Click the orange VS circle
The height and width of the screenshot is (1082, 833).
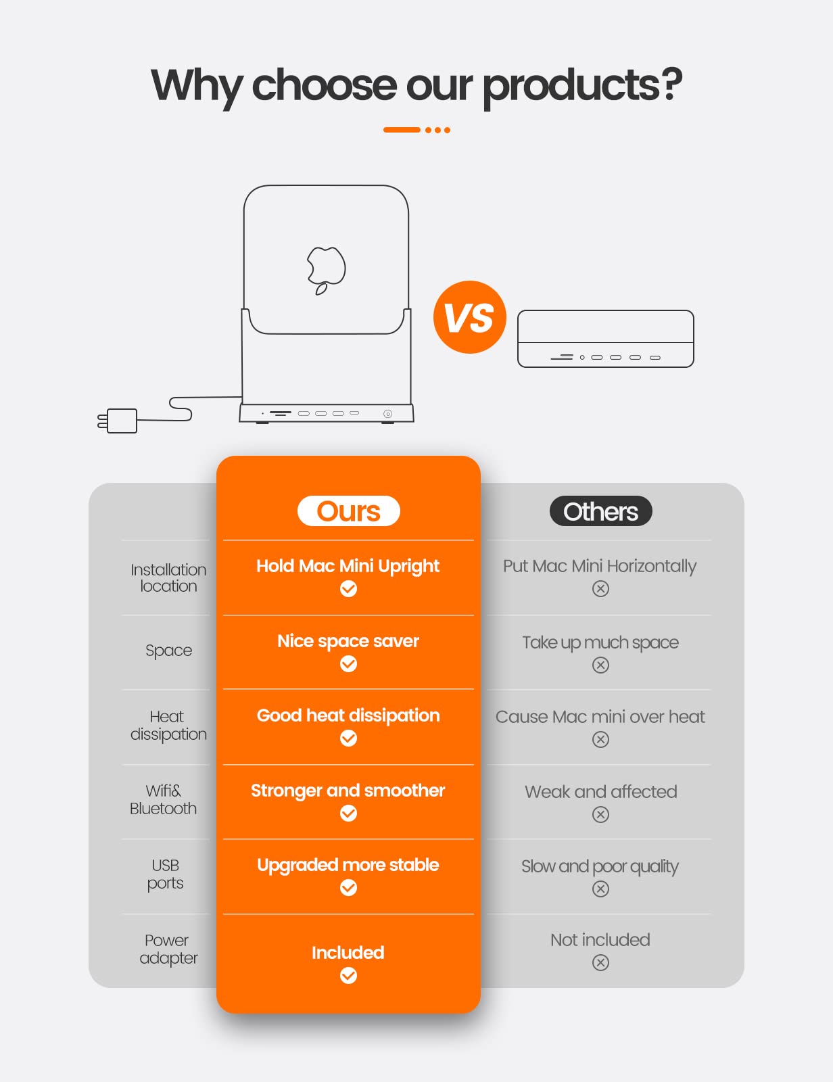click(x=470, y=317)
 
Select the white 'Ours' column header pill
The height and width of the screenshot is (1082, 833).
click(x=348, y=511)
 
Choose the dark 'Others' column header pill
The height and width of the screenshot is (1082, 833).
click(x=600, y=511)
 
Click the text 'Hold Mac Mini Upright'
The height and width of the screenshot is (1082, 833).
click(x=348, y=566)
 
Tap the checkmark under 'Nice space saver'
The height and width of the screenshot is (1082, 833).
click(x=348, y=664)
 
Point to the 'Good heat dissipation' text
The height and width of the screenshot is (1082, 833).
click(x=348, y=715)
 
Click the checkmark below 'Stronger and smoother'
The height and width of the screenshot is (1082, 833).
click(x=348, y=813)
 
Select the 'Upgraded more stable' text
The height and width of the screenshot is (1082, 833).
click(x=348, y=865)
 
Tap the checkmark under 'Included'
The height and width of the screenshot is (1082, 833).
click(x=348, y=975)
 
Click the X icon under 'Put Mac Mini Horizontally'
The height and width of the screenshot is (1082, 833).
click(x=600, y=589)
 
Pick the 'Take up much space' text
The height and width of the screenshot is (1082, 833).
click(x=600, y=642)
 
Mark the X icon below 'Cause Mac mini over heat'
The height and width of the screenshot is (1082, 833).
click(x=600, y=739)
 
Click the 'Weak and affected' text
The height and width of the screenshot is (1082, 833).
click(x=600, y=791)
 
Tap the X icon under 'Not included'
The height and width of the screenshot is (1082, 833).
click(x=600, y=962)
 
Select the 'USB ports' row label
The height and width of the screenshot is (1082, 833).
click(x=165, y=874)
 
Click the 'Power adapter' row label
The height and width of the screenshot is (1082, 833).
click(x=168, y=949)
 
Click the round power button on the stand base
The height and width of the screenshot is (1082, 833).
click(x=387, y=414)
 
